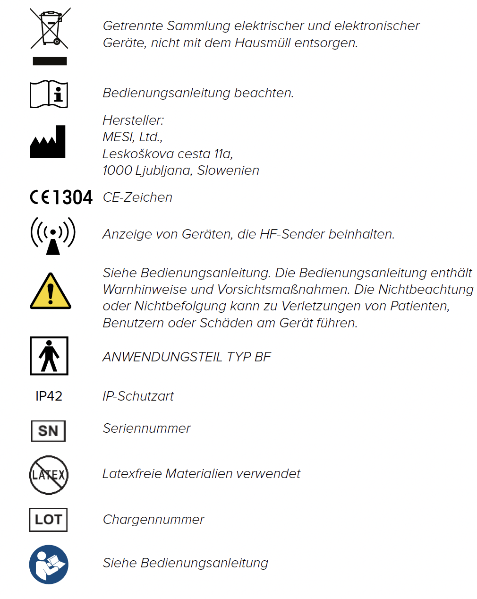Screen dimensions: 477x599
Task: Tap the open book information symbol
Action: [x=49, y=94]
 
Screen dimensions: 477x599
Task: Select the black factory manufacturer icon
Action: [x=48, y=142]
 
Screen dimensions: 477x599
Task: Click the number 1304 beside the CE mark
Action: [x=73, y=197]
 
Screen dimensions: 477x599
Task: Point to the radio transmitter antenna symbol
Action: [x=53, y=235]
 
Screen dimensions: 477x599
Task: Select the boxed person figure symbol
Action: [x=49, y=356]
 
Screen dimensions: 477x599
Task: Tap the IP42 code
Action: [x=49, y=396]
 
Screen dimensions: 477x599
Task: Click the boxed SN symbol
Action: [x=48, y=431]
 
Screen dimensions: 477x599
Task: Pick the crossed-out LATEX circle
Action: [x=49, y=475]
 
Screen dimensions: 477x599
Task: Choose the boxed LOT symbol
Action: [x=48, y=520]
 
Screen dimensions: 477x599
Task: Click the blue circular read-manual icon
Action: [x=49, y=565]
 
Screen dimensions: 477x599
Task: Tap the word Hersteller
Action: [x=133, y=120]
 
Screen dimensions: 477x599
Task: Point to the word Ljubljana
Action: [x=163, y=171]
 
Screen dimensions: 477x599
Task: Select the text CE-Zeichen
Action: [x=137, y=197]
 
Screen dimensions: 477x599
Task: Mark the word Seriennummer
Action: [x=146, y=428]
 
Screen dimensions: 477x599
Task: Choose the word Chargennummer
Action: [x=153, y=520]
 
